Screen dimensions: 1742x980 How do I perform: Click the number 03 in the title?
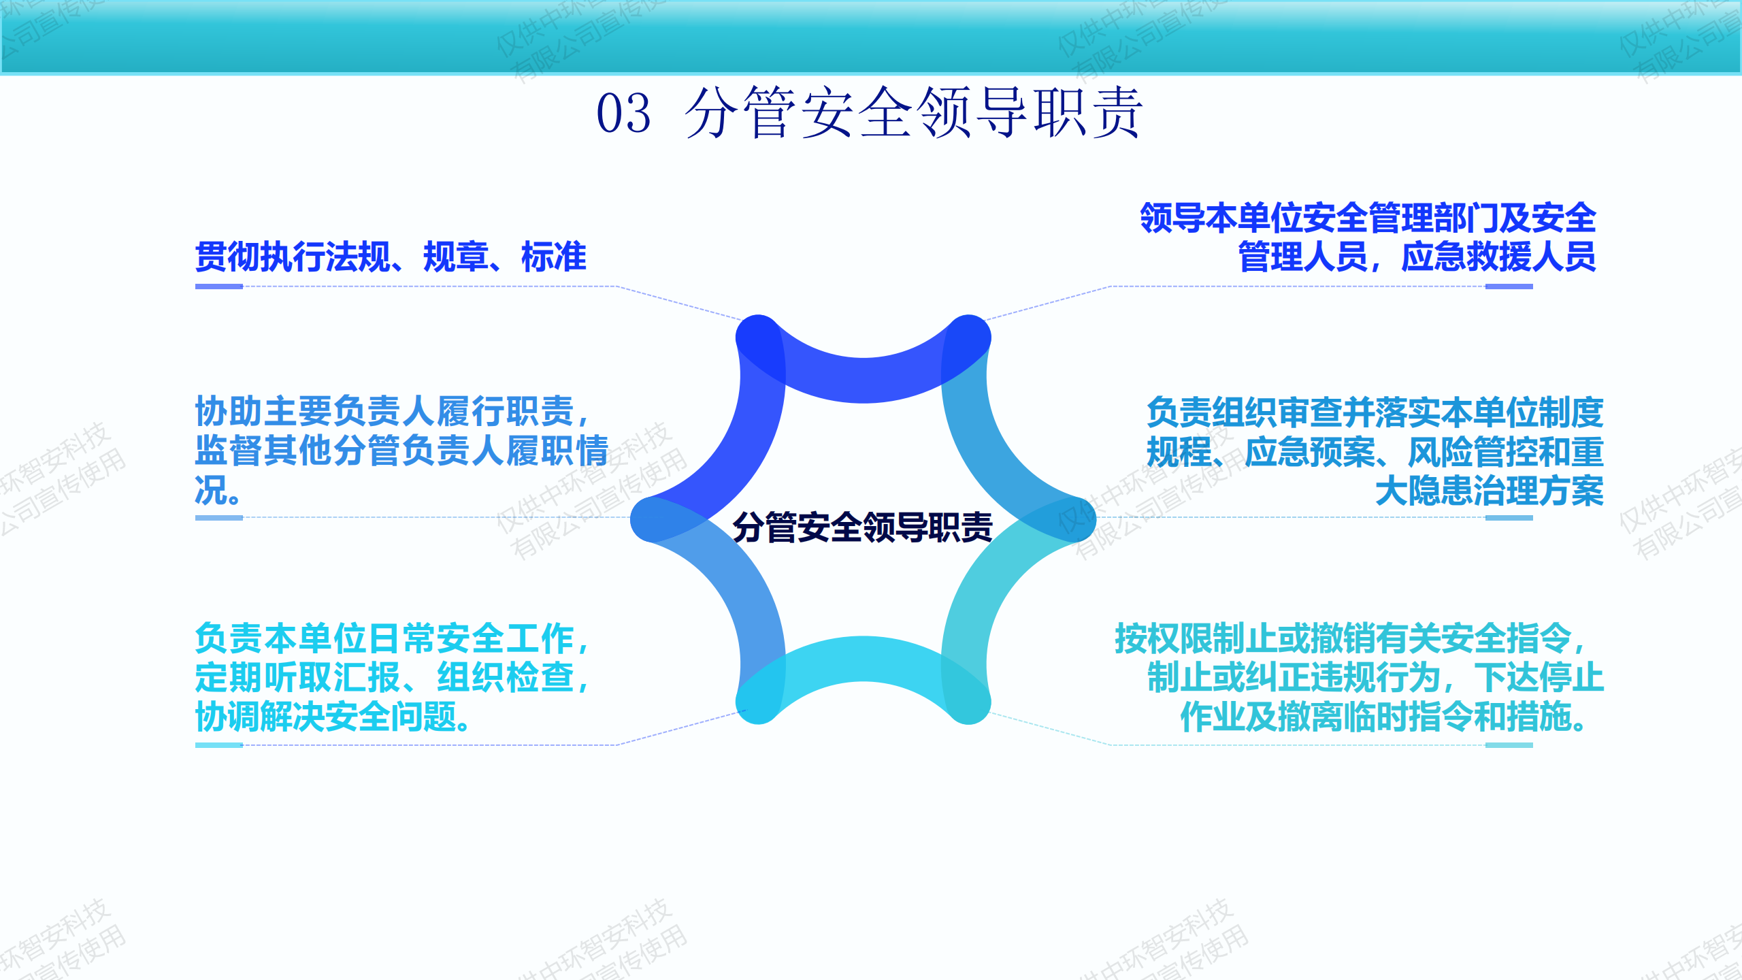[623, 112]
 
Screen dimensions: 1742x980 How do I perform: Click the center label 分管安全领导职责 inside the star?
[863, 527]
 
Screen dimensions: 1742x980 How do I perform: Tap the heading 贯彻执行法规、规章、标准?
[391, 257]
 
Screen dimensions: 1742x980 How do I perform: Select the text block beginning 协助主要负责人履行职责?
[401, 450]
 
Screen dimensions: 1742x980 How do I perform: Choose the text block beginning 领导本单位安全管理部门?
[1368, 237]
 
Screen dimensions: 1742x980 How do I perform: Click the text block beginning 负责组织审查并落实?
[1375, 451]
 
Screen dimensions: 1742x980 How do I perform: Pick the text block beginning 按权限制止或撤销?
[1359, 677]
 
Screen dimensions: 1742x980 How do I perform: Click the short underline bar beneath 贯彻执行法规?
[219, 287]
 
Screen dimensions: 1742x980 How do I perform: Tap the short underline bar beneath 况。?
[219, 518]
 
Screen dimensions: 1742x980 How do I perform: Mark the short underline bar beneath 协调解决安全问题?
[219, 745]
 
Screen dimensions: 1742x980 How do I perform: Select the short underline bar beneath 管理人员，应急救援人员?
[1509, 287]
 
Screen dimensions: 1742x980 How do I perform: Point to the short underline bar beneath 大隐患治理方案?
[1509, 518]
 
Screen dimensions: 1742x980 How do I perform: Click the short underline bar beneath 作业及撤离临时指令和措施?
[1509, 745]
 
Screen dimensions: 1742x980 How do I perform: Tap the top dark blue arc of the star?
[863, 380]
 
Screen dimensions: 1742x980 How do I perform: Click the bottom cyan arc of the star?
[863, 659]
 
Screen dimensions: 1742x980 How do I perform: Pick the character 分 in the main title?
[712, 112]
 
